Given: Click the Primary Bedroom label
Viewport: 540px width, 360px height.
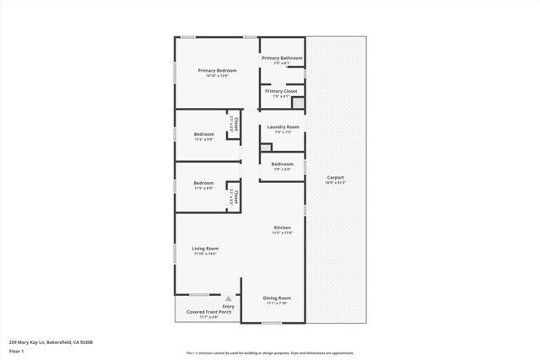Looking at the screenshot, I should tap(217, 71).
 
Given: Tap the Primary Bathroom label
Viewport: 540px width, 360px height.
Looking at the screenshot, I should tap(282, 58).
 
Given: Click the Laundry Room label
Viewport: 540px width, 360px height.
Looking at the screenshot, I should tap(283, 126).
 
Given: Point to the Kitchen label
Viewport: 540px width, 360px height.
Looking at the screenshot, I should tap(282, 228).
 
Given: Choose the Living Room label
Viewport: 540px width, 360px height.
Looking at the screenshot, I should tap(205, 248).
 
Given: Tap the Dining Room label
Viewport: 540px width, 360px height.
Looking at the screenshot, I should tap(277, 298).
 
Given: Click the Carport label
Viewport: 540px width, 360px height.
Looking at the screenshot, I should tap(336, 177).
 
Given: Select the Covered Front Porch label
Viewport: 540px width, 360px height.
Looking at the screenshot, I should tap(202, 312).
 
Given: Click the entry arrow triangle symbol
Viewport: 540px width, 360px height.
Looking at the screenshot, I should tap(229, 298).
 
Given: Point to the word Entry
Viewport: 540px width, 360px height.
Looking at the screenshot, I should tap(229, 306).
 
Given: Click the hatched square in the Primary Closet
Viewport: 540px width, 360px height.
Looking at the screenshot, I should tap(297, 102).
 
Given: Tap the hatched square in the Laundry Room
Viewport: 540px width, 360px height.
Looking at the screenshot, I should tap(265, 147).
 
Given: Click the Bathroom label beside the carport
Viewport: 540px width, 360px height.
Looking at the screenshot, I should tap(282, 164).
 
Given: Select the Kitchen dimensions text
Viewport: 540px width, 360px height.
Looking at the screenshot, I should tap(282, 234).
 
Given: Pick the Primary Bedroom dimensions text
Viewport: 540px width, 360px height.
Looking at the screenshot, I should tap(217, 76).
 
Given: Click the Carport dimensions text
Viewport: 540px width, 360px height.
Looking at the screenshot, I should tap(336, 182).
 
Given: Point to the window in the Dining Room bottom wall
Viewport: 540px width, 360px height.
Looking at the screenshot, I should tap(273, 322).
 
